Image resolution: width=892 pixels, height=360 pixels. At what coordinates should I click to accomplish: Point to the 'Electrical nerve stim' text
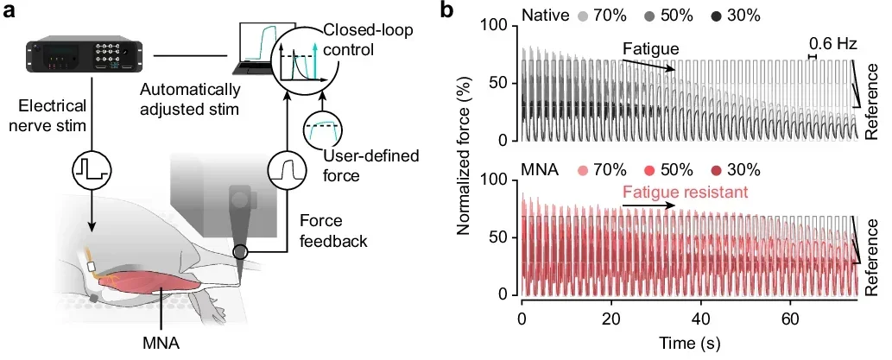coord(52,116)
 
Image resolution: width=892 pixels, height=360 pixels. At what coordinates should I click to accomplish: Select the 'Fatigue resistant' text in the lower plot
coord(683,193)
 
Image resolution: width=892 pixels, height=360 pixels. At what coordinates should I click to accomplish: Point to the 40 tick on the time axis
coord(700,318)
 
